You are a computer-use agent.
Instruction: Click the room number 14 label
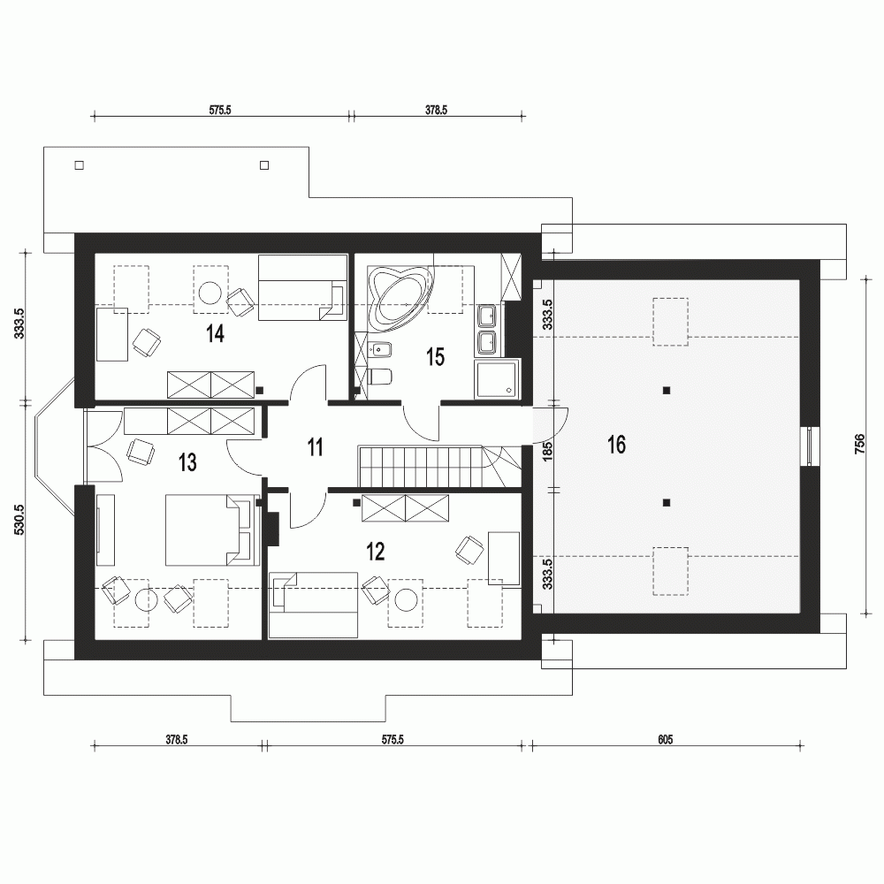pos(216,334)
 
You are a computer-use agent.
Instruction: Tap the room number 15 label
pos(435,357)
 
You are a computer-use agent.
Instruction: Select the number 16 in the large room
pos(616,445)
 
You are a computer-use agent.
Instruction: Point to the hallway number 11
pos(316,447)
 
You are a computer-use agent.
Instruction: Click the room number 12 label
pos(376,552)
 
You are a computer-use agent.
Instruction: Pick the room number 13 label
pos(187,463)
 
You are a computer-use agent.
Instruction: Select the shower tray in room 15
pos(496,379)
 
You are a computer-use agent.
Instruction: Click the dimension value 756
pos(860,445)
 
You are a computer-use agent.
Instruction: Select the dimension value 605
pos(666,739)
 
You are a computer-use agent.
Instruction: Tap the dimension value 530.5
pos(19,519)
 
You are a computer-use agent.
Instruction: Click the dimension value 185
pos(547,452)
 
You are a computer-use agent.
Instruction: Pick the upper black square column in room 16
pos(667,390)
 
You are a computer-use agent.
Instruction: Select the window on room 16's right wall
pos(810,446)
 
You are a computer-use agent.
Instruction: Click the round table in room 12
pos(406,599)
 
